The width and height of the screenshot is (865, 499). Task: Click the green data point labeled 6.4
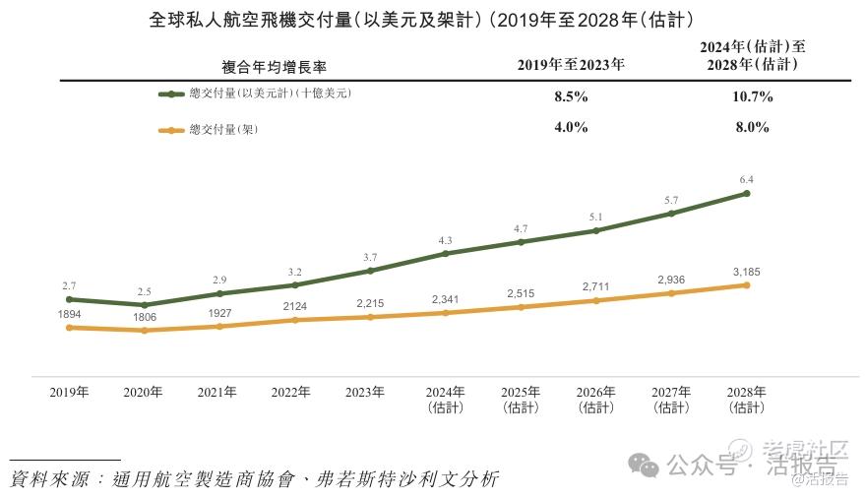click(746, 194)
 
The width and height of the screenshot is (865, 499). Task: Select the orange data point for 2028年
click(746, 285)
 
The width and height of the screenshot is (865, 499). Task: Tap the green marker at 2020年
click(144, 305)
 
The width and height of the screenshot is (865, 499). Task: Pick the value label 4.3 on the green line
click(445, 241)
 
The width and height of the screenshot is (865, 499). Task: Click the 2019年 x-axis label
click(69, 392)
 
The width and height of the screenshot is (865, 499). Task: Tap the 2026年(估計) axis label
click(595, 399)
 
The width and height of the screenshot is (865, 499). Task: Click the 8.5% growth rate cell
click(571, 97)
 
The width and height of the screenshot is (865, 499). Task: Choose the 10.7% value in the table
click(750, 97)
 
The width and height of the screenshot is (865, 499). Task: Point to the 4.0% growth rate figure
click(571, 127)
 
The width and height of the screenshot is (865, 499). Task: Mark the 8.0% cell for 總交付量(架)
click(750, 127)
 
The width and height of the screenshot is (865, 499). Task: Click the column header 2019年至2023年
click(571, 66)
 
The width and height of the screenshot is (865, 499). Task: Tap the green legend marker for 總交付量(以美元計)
click(170, 94)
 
